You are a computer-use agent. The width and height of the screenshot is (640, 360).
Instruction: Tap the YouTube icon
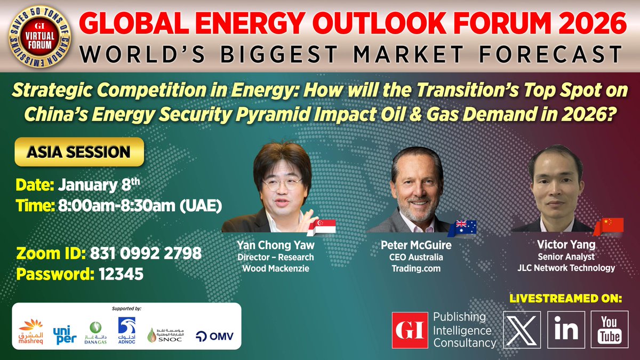coord(609,330)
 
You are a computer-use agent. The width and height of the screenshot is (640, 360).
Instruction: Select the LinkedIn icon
coord(566,330)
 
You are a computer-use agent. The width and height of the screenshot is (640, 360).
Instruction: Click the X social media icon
coord(522,330)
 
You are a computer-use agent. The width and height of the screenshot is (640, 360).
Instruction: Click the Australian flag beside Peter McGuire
coord(462,228)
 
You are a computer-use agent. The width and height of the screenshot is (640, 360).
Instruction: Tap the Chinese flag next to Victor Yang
coord(609,226)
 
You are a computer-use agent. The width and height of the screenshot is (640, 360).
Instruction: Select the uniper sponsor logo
coord(65,332)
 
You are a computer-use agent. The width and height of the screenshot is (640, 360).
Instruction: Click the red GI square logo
coord(410,330)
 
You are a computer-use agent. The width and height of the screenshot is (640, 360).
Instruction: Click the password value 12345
coord(121,274)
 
